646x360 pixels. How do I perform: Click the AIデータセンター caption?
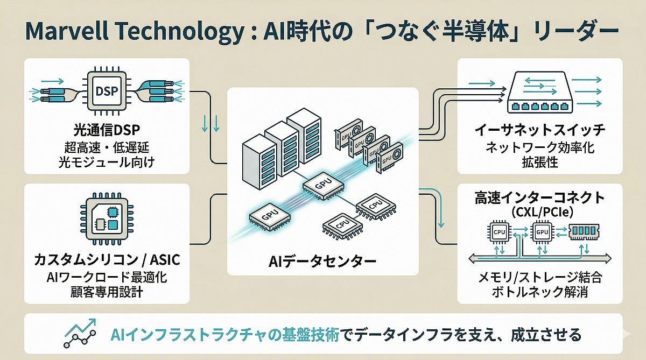pyautogui.click(x=322, y=262)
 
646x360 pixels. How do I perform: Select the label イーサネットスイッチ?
pyautogui.click(x=539, y=131)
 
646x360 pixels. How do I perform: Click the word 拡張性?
pyautogui.click(x=539, y=161)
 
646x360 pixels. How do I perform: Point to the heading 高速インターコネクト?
pyautogui.click(x=539, y=197)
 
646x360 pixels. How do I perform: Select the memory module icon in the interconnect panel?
pyautogui.click(x=584, y=231)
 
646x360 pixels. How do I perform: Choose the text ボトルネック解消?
pyautogui.click(x=539, y=294)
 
